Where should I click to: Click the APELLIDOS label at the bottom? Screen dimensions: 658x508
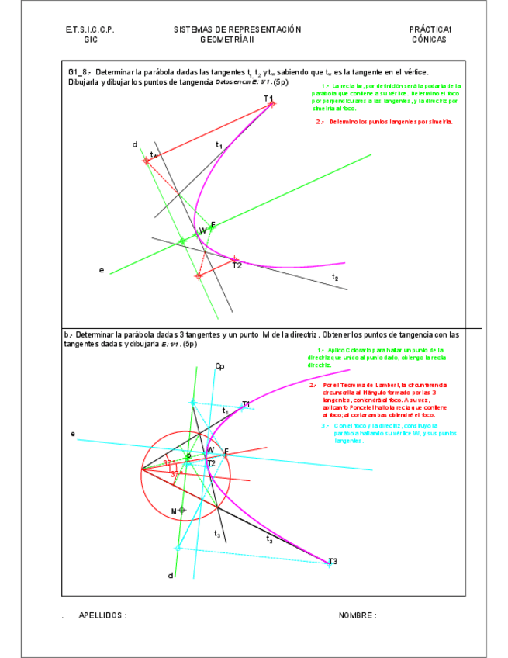point(102,615)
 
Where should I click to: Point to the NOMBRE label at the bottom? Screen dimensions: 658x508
point(358,615)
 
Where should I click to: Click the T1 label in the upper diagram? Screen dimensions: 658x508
point(268,99)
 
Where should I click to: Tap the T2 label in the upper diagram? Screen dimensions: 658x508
point(237,266)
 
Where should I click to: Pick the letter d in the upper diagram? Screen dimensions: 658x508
point(135,144)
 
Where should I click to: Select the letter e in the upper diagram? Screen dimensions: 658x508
point(102,270)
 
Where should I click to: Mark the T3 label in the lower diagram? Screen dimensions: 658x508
point(333,560)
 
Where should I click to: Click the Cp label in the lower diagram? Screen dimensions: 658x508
point(219,366)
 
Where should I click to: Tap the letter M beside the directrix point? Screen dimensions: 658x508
point(174,511)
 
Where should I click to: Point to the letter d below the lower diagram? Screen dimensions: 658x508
point(171,575)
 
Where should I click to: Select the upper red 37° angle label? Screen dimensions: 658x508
point(168,462)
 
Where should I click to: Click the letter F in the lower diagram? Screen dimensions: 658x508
point(226,451)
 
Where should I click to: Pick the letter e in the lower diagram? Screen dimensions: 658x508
point(73,434)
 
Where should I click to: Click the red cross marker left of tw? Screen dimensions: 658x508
point(146,161)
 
